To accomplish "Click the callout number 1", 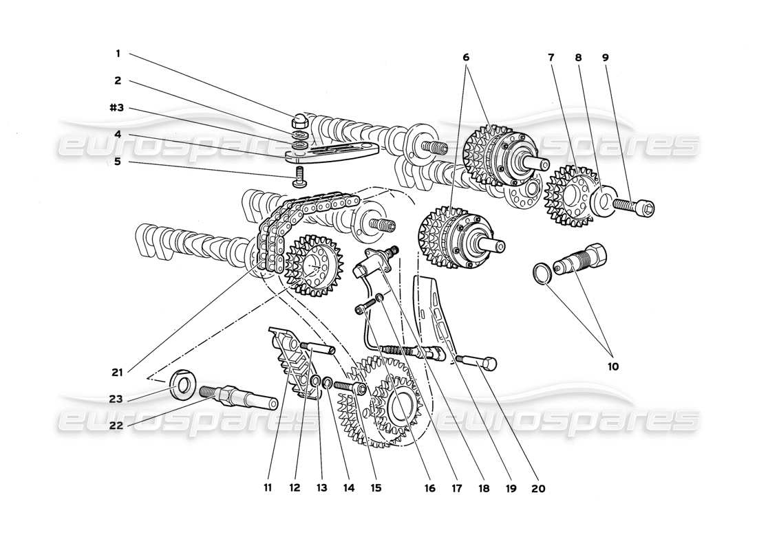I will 118,53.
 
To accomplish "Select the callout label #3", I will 115,108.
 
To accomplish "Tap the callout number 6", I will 467,58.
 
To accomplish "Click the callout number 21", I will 118,373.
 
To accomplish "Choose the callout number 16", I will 431,488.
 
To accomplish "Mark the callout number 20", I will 538,488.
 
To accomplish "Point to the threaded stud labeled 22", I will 237,397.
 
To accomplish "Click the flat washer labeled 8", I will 605,203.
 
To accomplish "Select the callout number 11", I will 268,488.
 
